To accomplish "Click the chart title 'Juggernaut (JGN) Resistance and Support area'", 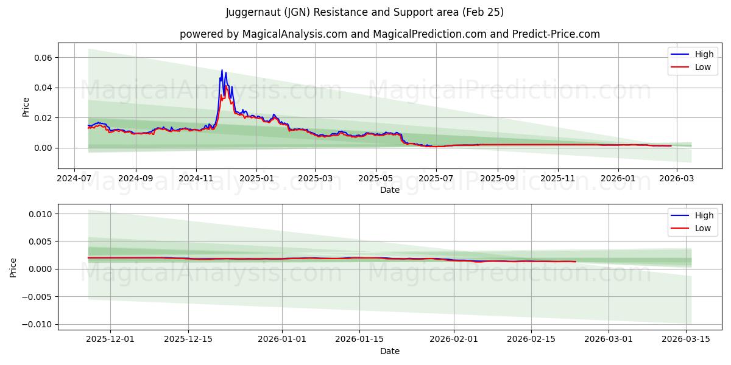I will click(x=365, y=12).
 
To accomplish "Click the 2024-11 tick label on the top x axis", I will click(x=196, y=178).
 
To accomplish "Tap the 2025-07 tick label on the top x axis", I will click(x=436, y=178).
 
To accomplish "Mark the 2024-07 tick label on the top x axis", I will click(x=74, y=178).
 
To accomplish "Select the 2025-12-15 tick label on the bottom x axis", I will click(x=188, y=339).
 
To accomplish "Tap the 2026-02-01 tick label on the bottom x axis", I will click(x=454, y=339).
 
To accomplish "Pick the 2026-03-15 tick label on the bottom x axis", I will click(x=687, y=339).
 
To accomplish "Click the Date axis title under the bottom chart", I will click(x=389, y=351).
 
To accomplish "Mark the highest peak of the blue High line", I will click(x=222, y=70).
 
